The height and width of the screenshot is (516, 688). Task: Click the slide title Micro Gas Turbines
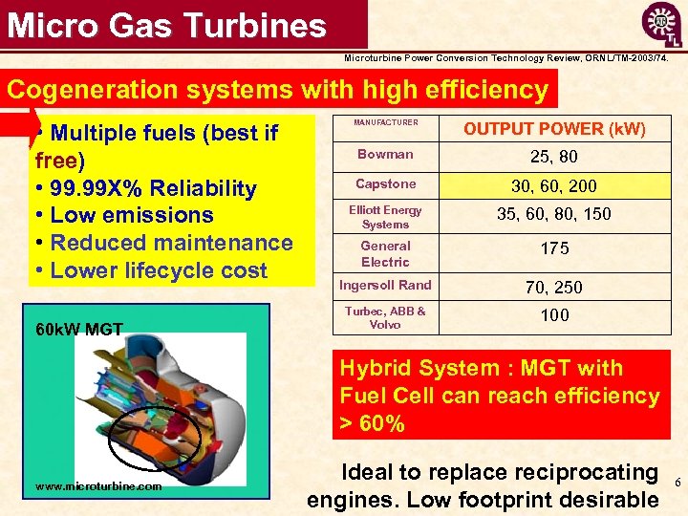[167, 25]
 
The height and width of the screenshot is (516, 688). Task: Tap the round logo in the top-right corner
[660, 25]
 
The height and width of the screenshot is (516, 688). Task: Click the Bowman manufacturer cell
[385, 155]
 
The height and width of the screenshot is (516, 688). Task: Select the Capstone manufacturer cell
[385, 184]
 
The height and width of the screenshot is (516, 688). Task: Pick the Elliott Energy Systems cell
[385, 217]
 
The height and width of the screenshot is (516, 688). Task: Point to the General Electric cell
[385, 254]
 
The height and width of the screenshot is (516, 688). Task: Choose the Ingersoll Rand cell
[385, 285]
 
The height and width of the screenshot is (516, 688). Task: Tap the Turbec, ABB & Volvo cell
[385, 317]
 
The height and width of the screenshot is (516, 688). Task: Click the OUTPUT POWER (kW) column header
[554, 129]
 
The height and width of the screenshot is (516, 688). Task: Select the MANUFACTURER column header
[385, 123]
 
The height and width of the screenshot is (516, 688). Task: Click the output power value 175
[554, 248]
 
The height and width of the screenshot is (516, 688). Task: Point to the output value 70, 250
[554, 287]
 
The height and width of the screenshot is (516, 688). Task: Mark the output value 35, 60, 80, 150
[554, 214]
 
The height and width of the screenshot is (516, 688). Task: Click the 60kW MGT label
[78, 330]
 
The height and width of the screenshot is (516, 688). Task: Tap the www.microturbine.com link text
[98, 486]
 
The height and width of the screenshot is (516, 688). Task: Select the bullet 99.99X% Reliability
[145, 188]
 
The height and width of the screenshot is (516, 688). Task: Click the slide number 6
[677, 484]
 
